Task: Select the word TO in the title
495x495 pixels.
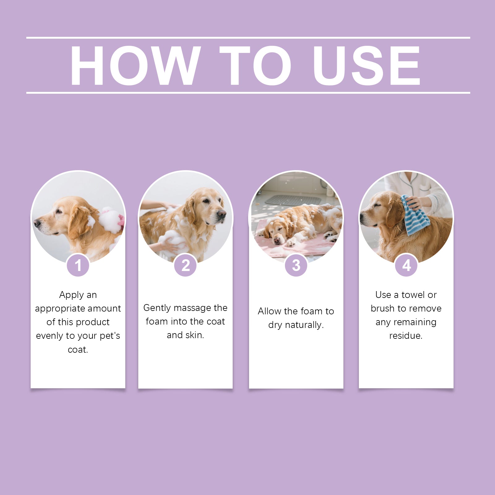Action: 255,65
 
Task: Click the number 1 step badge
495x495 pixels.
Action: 78,265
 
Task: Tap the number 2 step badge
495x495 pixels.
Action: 185,265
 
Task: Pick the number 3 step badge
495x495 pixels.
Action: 296,265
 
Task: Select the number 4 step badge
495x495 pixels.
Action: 406,265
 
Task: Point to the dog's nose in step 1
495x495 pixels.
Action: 37,222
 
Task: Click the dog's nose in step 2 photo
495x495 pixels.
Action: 222,214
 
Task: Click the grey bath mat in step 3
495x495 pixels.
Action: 292,200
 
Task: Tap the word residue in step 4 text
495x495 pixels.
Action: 406,336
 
